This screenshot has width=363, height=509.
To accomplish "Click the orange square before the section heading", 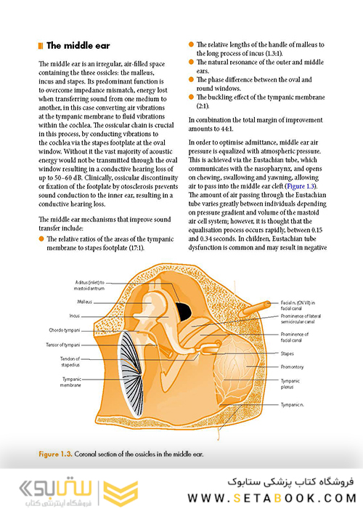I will (x=40, y=46).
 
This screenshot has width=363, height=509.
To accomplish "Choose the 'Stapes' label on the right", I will (x=288, y=353).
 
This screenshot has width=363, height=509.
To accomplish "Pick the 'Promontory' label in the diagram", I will (x=293, y=367).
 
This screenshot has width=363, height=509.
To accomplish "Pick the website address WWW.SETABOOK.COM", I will (x=277, y=497).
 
